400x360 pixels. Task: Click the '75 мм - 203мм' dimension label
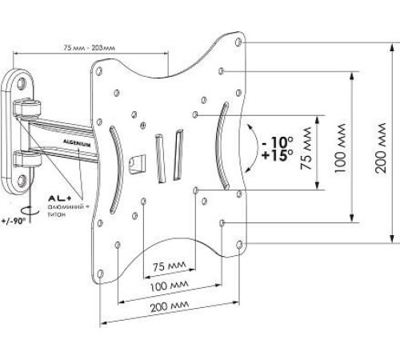click(x=90, y=48)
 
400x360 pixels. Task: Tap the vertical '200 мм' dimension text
click(x=381, y=148)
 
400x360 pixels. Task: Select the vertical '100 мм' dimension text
click(x=341, y=148)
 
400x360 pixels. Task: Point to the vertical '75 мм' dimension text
click(x=306, y=149)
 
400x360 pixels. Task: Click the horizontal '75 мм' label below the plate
click(x=169, y=266)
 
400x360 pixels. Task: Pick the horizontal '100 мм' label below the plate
click(x=170, y=286)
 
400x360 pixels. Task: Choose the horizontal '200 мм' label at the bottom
click(x=170, y=306)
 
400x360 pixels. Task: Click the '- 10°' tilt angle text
click(x=278, y=142)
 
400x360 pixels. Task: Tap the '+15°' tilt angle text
click(x=278, y=155)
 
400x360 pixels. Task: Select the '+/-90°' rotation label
click(x=14, y=221)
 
